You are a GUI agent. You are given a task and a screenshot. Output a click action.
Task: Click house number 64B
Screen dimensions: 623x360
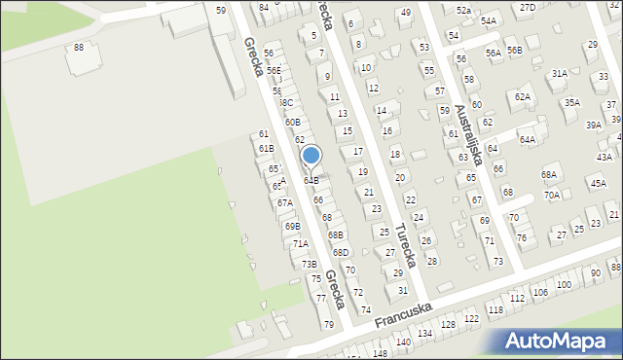(311, 180)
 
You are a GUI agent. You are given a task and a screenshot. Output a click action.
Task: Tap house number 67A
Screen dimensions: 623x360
(284, 203)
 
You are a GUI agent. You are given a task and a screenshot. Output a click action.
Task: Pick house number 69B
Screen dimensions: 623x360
(292, 226)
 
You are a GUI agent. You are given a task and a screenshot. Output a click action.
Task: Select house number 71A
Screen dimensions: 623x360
(301, 244)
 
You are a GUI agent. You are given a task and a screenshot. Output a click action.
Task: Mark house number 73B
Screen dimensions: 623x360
(309, 264)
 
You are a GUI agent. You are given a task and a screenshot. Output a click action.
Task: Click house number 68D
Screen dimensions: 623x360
(340, 253)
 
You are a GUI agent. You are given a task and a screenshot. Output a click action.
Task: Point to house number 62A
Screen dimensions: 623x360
(523, 96)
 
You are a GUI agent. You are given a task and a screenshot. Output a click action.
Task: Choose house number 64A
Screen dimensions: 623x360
(527, 140)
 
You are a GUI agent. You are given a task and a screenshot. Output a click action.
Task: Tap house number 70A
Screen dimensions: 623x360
(552, 195)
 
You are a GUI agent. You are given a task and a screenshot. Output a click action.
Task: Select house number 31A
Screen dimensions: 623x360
(559, 73)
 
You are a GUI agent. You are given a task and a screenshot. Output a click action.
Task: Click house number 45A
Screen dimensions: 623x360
(597, 183)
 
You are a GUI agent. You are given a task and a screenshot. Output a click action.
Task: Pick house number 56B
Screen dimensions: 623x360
(515, 51)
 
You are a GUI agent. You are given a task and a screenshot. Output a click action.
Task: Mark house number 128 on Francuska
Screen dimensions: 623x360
(448, 324)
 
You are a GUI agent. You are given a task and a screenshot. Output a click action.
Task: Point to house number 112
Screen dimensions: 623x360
(517, 298)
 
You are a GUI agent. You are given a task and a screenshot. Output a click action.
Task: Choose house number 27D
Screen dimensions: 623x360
(527, 7)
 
